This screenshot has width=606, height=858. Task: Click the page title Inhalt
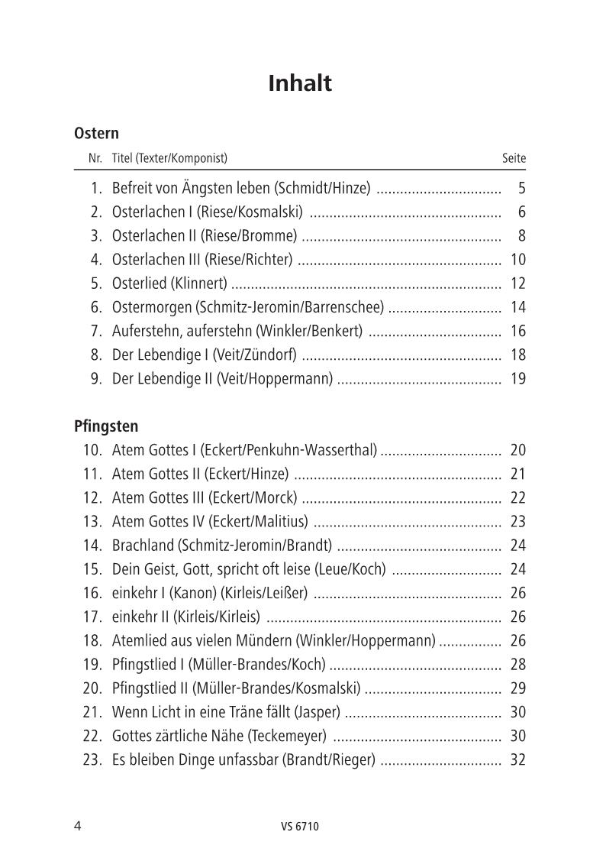click(x=300, y=83)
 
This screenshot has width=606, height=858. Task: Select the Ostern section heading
click(x=96, y=134)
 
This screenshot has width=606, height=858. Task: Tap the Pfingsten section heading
click(x=106, y=426)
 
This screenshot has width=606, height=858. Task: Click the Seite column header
click(x=514, y=159)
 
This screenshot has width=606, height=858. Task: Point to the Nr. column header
click(x=95, y=159)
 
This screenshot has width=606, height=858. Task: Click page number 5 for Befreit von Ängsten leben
click(x=521, y=188)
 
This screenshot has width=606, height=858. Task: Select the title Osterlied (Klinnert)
click(x=169, y=283)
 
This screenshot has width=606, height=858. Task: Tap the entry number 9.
click(x=95, y=378)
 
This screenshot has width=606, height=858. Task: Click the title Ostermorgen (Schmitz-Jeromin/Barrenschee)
click(x=248, y=307)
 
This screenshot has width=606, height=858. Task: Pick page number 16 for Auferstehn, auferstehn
click(x=517, y=331)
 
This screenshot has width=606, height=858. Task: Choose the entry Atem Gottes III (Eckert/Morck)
click(x=205, y=498)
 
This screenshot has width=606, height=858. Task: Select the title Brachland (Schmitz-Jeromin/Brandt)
click(x=222, y=546)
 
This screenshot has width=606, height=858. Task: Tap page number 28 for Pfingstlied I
click(x=517, y=665)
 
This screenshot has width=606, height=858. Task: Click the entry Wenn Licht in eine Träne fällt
click(x=226, y=712)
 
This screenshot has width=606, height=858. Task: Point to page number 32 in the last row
click(x=517, y=760)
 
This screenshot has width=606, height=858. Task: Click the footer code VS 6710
click(x=300, y=826)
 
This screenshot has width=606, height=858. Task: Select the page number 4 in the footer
click(x=78, y=825)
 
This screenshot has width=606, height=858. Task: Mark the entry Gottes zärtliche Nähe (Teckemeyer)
click(x=219, y=736)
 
